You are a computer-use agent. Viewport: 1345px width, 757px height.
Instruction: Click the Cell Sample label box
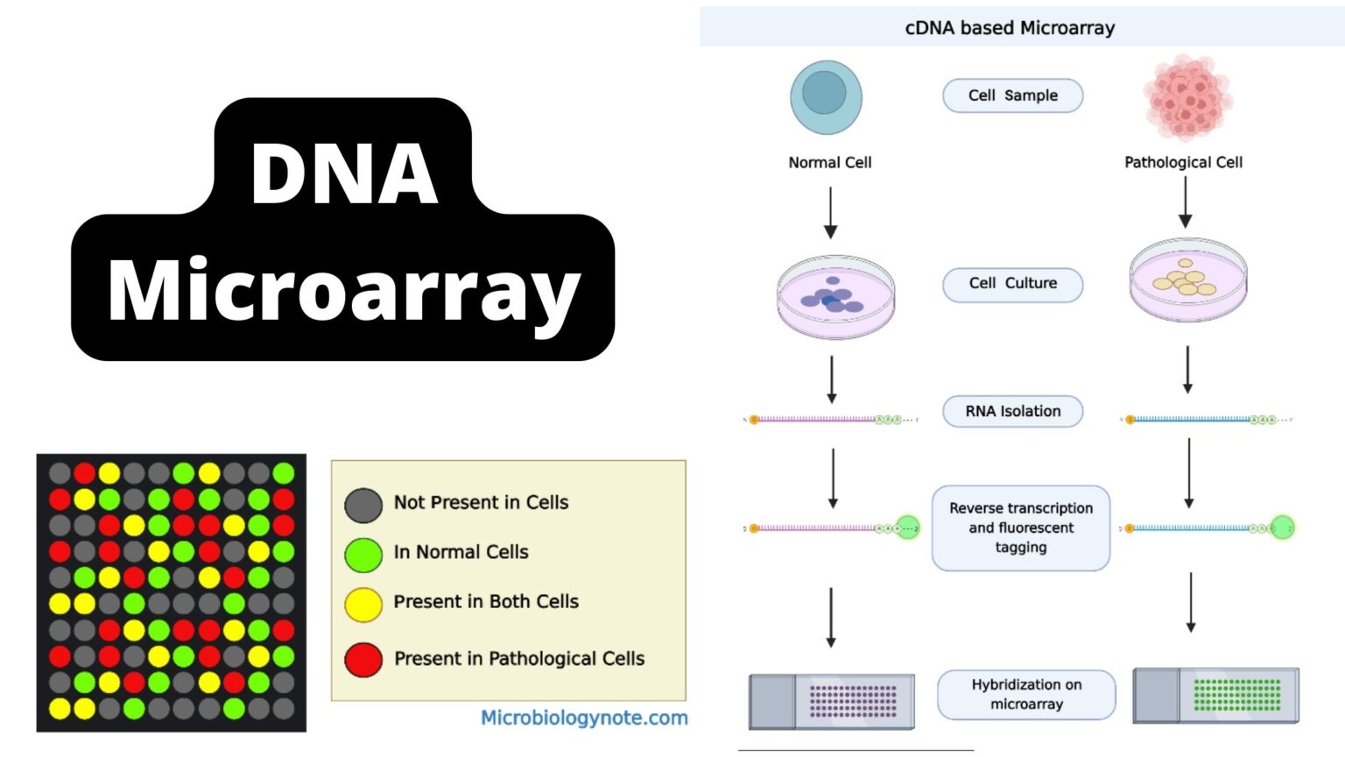pyautogui.click(x=1012, y=96)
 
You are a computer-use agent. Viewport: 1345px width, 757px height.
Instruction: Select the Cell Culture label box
pyautogui.click(x=1012, y=284)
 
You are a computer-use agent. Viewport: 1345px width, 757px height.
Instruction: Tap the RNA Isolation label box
pyautogui.click(x=1012, y=411)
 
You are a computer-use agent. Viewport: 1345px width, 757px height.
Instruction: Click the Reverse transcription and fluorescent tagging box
pyautogui.click(x=1020, y=527)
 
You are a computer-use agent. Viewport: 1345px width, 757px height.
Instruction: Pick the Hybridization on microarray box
pyautogui.click(x=1026, y=694)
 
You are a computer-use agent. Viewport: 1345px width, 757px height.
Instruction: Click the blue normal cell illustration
pyautogui.click(x=826, y=96)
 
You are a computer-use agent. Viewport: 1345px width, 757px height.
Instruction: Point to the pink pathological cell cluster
pyautogui.click(x=1187, y=98)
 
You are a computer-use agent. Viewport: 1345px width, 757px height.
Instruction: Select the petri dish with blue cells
pyautogui.click(x=835, y=298)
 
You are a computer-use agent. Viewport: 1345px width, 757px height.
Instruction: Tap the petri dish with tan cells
pyautogui.click(x=1187, y=279)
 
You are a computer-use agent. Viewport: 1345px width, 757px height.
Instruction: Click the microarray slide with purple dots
pyautogui.click(x=832, y=701)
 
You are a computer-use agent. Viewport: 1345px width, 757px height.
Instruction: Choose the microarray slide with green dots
pyautogui.click(x=1215, y=695)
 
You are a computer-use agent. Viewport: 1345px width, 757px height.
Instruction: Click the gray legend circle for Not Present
pyautogui.click(x=363, y=506)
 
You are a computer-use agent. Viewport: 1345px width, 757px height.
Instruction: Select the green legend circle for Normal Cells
pyautogui.click(x=363, y=555)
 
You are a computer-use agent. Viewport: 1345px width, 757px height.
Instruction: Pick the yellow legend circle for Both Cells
pyautogui.click(x=363, y=605)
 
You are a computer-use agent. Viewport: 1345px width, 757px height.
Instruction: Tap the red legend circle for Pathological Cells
pyautogui.click(x=363, y=660)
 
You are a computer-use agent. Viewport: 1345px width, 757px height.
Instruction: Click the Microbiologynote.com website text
pyautogui.click(x=584, y=718)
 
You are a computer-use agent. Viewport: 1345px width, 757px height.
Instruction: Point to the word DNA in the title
pyautogui.click(x=343, y=173)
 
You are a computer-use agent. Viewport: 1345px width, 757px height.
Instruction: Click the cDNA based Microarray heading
pyautogui.click(x=1010, y=28)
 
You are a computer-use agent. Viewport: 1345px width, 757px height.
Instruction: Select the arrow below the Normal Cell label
pyautogui.click(x=830, y=213)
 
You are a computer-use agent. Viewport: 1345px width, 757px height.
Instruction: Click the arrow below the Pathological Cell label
pyautogui.click(x=1185, y=202)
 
